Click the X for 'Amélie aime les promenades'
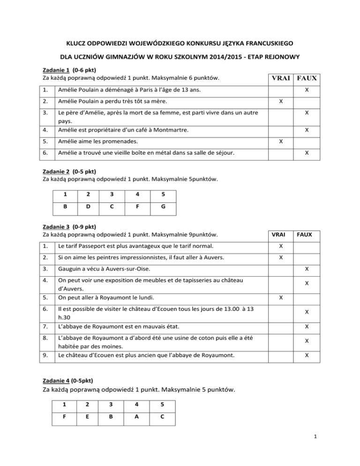pos(280,141)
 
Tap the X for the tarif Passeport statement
pos(280,246)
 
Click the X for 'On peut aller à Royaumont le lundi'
pos(280,297)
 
